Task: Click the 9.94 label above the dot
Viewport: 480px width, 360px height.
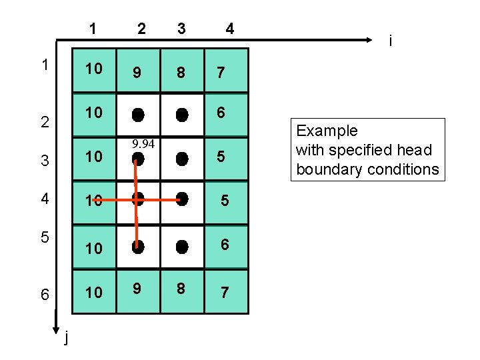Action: coord(143,144)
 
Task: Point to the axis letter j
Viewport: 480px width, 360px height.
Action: coord(65,339)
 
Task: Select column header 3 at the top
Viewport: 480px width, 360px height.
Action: coord(181,29)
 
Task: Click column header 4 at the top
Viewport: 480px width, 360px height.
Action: coord(229,29)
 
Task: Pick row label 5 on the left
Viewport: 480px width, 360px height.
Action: coord(44,237)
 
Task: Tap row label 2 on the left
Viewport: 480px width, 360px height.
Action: coord(44,123)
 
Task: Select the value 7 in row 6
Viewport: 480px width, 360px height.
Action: coord(225,292)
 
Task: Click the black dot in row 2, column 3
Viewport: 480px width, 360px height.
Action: coord(181,115)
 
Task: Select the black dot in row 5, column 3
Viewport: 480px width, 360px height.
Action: coord(181,246)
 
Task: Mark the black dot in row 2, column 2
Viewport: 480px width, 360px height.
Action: coord(137,115)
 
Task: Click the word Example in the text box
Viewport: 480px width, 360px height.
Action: coord(327,131)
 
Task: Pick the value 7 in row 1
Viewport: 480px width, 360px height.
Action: coord(221,71)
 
